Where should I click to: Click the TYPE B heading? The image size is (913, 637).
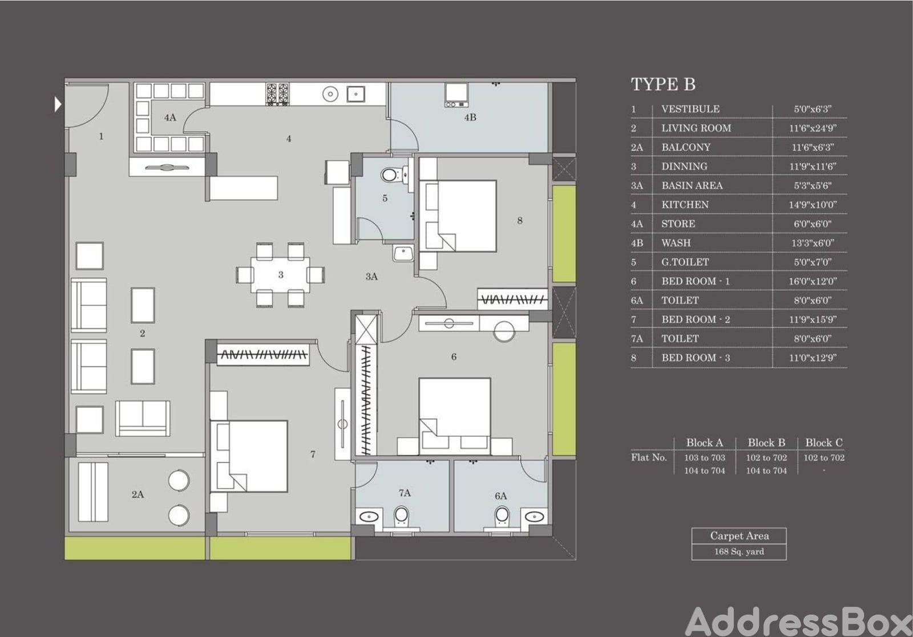click(663, 84)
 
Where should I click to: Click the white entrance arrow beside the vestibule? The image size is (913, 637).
click(58, 105)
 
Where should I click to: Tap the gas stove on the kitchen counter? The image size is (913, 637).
click(277, 94)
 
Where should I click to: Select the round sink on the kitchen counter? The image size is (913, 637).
click(330, 94)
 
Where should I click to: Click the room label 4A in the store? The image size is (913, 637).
click(170, 117)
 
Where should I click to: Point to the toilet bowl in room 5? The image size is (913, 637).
click(390, 176)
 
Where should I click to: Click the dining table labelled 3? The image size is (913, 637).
click(280, 274)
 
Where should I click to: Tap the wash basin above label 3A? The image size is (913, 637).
click(403, 253)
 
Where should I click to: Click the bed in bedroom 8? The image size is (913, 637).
click(458, 216)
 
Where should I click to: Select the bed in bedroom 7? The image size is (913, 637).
click(249, 457)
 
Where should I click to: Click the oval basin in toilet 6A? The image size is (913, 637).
click(534, 517)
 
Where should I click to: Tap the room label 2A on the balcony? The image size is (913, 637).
click(138, 494)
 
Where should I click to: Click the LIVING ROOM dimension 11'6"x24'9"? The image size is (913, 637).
click(813, 128)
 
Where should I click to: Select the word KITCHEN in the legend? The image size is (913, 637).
click(685, 205)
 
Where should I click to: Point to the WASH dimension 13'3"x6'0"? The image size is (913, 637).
click(813, 243)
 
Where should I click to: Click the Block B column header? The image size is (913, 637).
click(766, 443)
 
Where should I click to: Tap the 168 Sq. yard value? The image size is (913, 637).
click(739, 551)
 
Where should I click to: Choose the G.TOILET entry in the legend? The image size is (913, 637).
click(685, 262)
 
